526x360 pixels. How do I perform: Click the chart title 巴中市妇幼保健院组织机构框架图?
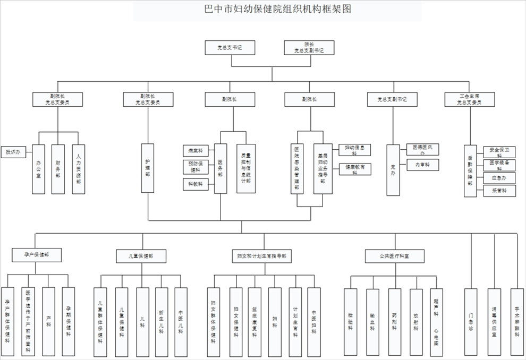pyautogui.click(x=277, y=10)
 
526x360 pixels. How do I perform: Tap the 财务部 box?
pyautogui.click(x=58, y=169)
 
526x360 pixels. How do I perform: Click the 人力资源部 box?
pyautogui.click(x=78, y=169)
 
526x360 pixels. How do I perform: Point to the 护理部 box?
pyautogui.click(x=148, y=168)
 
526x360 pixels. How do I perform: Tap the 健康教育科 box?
pyautogui.click(x=355, y=169)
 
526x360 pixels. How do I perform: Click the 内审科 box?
pyautogui.click(x=423, y=165)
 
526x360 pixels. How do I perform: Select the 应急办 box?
pyautogui.click(x=499, y=177)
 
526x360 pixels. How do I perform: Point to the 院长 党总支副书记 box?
pyautogui.click(x=309, y=48)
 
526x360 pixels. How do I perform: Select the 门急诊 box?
pyautogui.click(x=471, y=321)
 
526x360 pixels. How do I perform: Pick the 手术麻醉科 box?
pyautogui.click(x=516, y=321)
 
